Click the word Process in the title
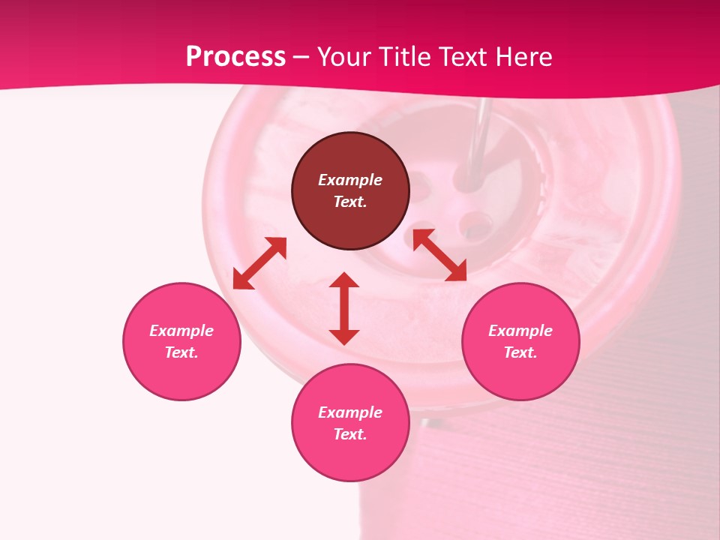pos(235,57)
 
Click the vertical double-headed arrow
pos(344,308)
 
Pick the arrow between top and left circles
pos(259,263)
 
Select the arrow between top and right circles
pos(439,255)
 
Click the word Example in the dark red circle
pos(350,180)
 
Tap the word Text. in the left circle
pos(181,352)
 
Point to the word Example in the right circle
pos(520,331)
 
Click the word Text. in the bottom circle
pos(350,434)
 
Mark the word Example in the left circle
pos(181,331)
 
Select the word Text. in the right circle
pos(520,352)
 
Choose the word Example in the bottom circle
pos(350,412)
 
